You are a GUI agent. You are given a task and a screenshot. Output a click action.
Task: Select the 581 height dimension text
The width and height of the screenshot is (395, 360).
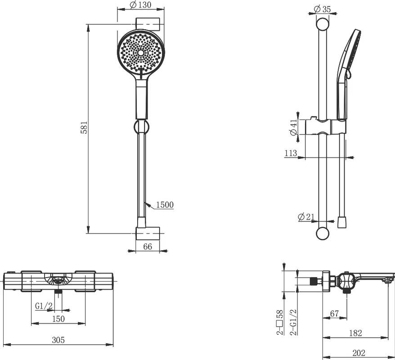click(84, 127)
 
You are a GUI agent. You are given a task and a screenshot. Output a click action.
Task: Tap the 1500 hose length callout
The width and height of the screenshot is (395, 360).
click(165, 205)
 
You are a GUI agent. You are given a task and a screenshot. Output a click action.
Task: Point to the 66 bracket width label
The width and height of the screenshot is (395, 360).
click(148, 247)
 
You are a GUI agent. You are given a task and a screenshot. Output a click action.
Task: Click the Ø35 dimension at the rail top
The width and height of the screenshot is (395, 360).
click(322, 9)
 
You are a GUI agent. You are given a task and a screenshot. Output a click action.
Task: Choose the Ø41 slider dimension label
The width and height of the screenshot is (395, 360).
click(294, 127)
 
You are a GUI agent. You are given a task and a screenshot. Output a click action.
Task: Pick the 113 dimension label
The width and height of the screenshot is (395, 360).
click(291, 153)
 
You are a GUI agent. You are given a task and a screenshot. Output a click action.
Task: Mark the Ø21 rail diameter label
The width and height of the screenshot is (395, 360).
click(306, 216)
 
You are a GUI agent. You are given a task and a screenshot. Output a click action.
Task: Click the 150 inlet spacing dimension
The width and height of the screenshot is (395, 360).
click(58, 319)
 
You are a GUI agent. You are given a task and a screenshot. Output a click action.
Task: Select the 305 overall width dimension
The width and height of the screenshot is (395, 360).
click(58, 340)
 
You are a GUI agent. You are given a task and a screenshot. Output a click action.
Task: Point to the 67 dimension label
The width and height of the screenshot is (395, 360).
click(335, 314)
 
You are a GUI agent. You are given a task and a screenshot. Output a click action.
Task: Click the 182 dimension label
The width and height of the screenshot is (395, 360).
click(356, 333)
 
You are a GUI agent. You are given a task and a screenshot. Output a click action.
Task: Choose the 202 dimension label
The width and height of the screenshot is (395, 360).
click(359, 353)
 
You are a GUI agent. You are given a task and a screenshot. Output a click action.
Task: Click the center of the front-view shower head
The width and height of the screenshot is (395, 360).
click(141, 52)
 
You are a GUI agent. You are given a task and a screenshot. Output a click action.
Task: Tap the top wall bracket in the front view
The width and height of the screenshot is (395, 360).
click(148, 24)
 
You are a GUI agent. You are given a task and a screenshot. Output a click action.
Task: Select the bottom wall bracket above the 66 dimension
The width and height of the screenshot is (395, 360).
click(148, 233)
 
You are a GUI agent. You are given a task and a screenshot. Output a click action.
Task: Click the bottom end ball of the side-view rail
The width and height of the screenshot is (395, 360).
click(322, 234)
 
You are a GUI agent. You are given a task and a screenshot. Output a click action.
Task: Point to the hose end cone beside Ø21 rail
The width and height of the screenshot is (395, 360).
click(342, 222)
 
